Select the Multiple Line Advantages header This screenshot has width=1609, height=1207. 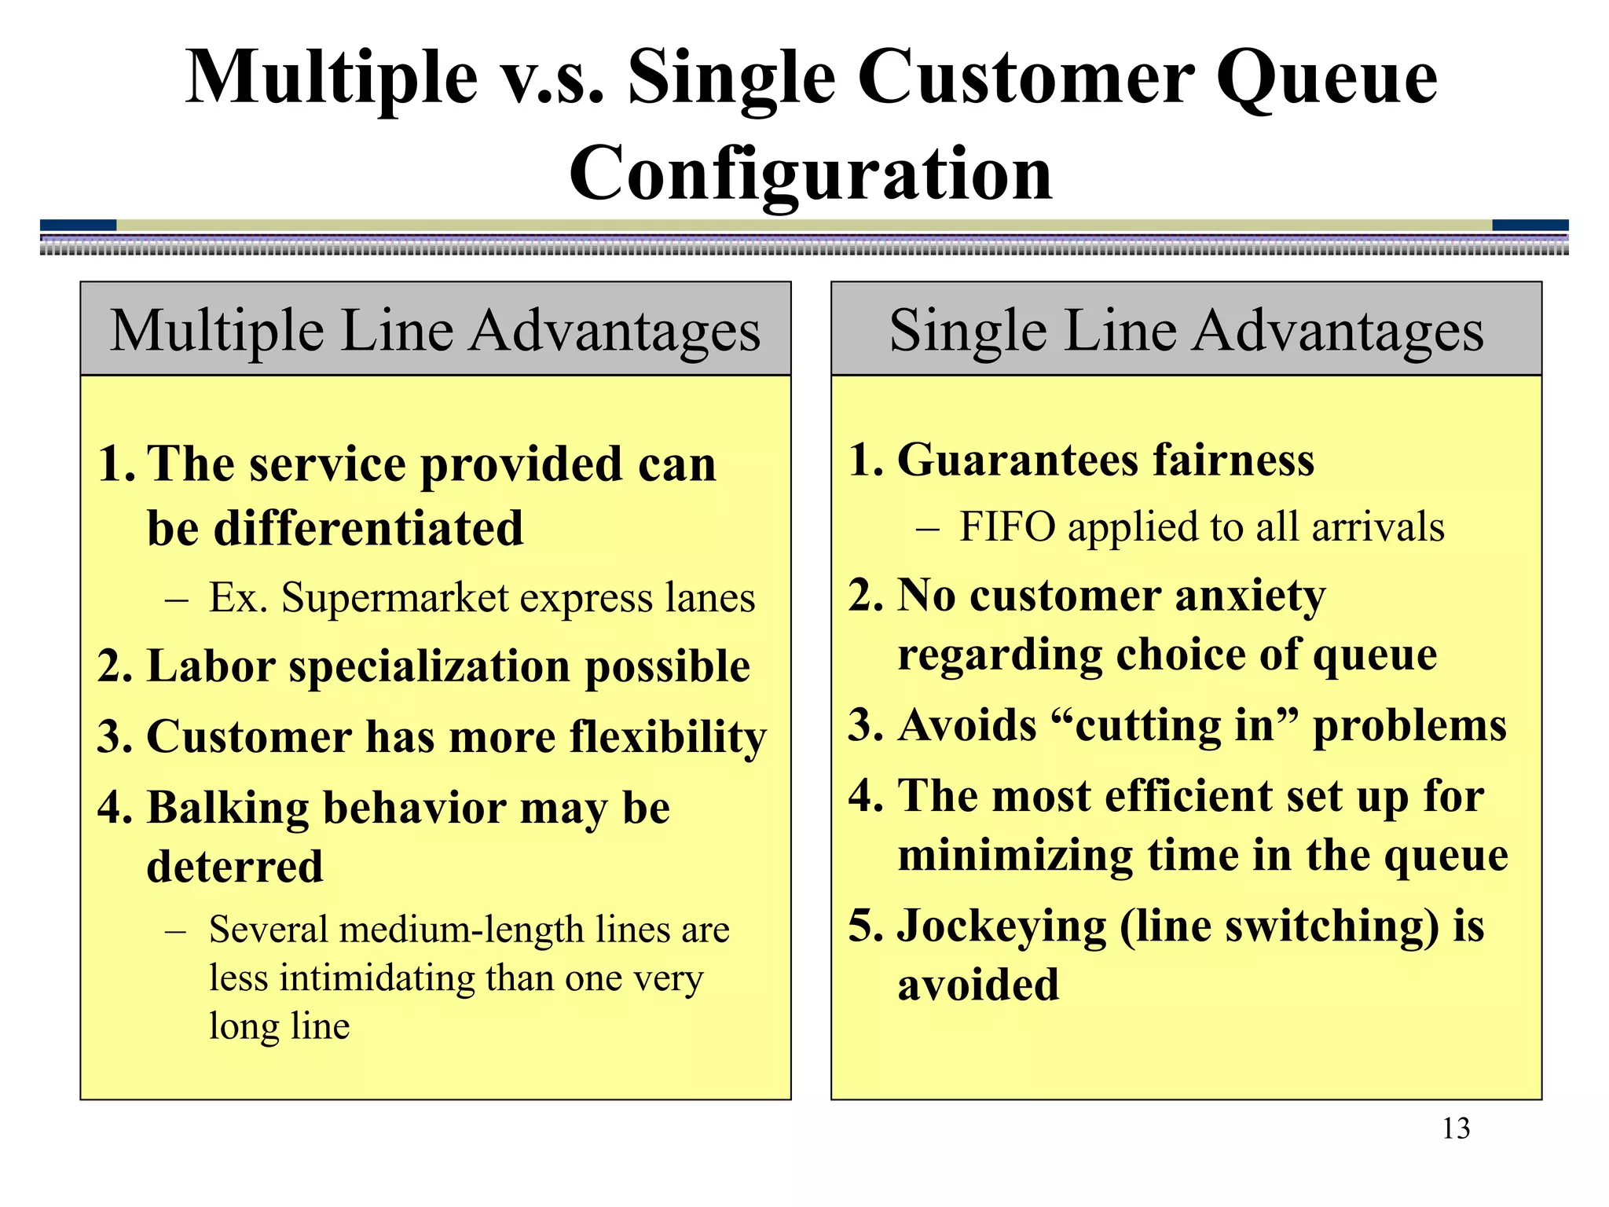point(435,330)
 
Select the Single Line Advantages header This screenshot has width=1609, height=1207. point(1186,330)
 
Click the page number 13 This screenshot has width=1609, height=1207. point(1456,1129)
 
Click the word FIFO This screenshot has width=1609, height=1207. point(1007,526)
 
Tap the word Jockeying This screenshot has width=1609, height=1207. point(1001,926)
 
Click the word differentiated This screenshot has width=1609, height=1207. point(335,528)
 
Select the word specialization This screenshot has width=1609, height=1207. point(430,667)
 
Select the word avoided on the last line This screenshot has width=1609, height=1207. point(978,985)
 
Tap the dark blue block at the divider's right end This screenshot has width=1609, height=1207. point(1530,226)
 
